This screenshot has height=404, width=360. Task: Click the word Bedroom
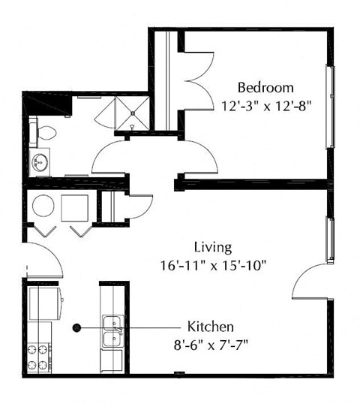point(265,86)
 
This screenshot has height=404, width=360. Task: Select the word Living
point(213,246)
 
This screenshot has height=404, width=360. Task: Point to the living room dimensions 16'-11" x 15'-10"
point(213,264)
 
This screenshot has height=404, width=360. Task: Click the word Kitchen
point(211,327)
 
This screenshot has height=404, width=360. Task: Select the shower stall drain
point(133,114)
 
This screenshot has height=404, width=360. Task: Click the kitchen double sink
point(113,331)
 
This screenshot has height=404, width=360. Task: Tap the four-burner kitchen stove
point(39,357)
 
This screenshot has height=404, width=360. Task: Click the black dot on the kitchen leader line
point(76,327)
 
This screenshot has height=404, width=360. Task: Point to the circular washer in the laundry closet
point(43,206)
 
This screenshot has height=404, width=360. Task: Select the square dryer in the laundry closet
point(75,206)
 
